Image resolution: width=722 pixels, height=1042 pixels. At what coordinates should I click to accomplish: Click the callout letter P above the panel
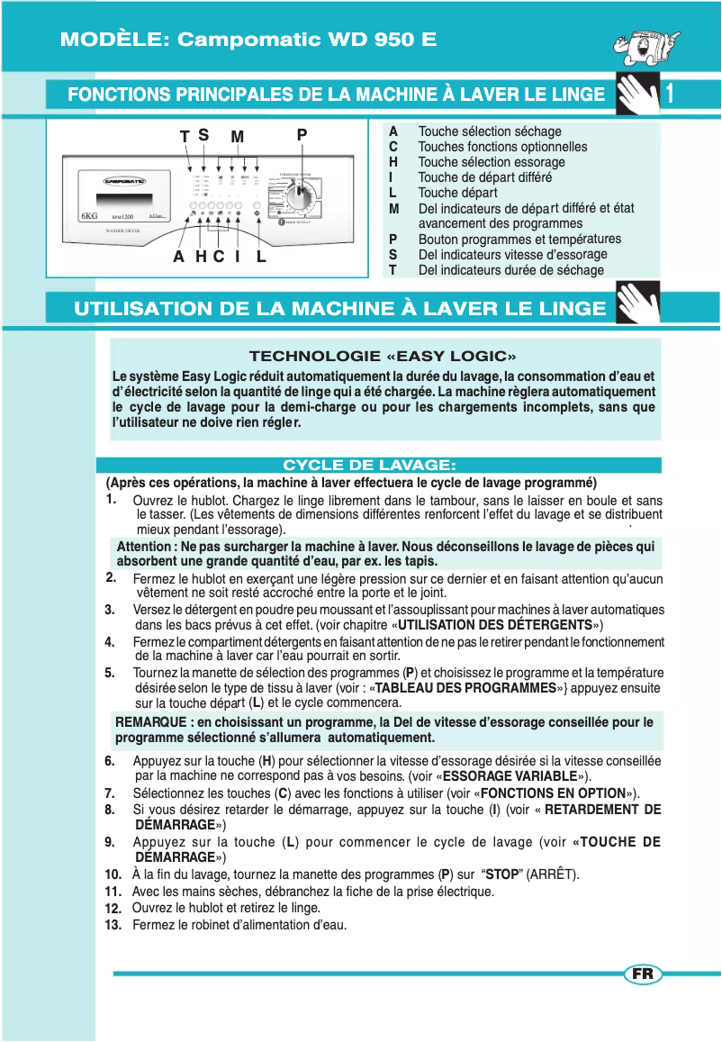(302, 135)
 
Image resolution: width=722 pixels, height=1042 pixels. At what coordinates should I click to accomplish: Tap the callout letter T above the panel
(185, 137)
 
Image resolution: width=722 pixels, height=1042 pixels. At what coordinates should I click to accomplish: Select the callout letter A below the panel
(179, 257)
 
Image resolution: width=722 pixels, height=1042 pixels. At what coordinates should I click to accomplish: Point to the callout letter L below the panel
(261, 257)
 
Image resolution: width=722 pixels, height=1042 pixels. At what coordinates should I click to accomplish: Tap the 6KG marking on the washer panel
(88, 217)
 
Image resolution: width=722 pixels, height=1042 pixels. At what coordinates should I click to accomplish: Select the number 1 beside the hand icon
(670, 94)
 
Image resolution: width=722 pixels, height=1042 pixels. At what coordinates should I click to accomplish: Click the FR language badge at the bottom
(643, 974)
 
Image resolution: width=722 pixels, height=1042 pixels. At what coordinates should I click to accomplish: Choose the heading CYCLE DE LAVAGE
(370, 465)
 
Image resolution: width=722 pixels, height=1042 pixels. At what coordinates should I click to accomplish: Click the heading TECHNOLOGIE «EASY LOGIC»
(383, 357)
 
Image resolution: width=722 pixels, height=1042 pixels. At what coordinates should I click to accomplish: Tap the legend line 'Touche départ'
(457, 193)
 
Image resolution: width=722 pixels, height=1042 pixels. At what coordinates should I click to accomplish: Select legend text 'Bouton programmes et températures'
(519, 240)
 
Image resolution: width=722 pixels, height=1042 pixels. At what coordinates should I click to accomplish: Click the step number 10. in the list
(113, 874)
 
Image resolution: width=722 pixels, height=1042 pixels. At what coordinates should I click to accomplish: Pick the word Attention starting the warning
(143, 547)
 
